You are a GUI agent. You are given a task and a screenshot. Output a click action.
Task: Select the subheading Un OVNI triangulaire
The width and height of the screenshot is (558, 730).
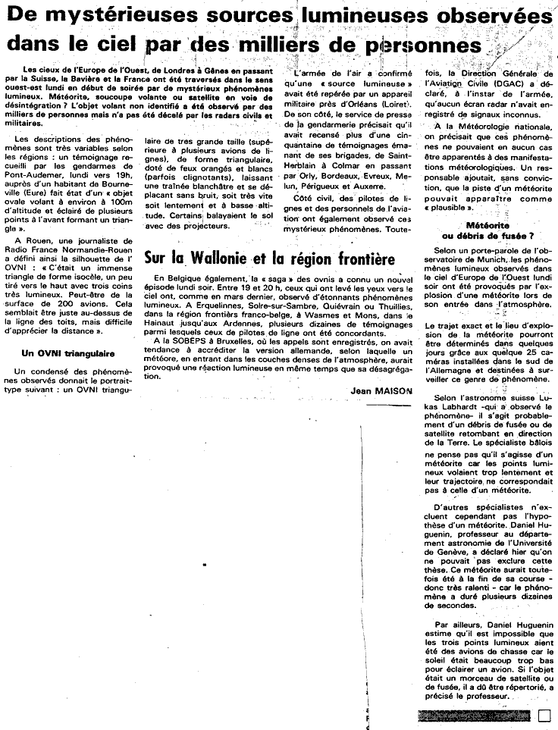(x=67, y=352)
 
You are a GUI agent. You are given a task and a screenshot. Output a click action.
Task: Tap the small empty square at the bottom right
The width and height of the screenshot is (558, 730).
(x=543, y=714)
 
